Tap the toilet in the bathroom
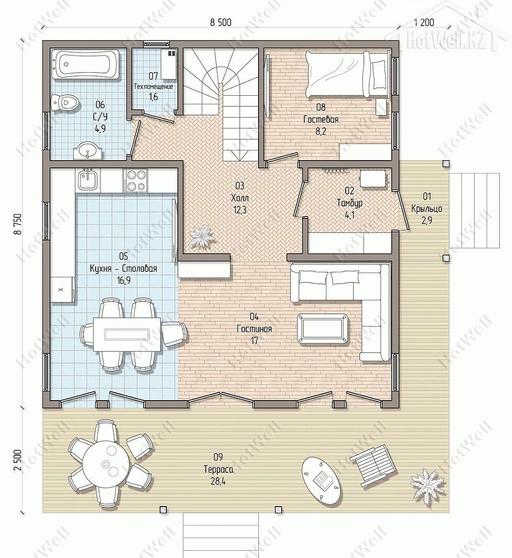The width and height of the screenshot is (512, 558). pos(64,102)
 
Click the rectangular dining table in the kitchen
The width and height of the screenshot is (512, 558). pos(127,334)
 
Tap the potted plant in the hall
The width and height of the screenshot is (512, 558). pos(201,236)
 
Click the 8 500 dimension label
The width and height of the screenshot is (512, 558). pos(221,23)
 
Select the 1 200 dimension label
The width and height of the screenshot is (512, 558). pos(424,23)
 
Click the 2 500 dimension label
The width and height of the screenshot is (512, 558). pos(18,460)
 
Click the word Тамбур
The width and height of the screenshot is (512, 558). pos(350,203)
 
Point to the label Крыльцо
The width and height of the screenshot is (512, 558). pos(427,209)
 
